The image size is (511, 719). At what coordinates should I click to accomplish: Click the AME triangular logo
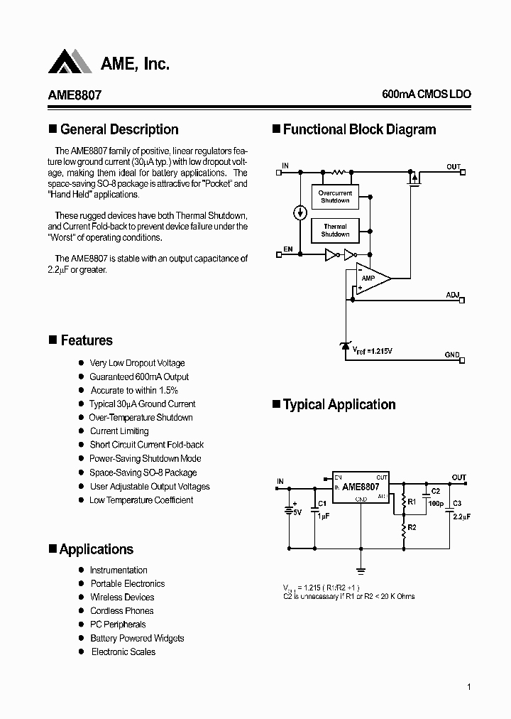pos(70,63)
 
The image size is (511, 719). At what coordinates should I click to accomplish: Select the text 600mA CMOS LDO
pos(426,94)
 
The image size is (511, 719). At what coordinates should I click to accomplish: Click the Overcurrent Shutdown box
pos(335,197)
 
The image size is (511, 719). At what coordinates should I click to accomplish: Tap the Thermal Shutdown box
pos(335,230)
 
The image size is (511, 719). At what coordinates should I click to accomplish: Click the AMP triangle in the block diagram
pos(370,278)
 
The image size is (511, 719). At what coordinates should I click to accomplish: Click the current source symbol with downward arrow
pos(300,212)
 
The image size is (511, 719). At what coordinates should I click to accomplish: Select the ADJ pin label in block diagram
pos(453,294)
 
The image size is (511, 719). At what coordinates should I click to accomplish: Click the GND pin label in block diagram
pos(452,355)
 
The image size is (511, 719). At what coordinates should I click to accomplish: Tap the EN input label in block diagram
pos(288,248)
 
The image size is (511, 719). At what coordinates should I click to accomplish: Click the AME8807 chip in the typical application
pos(361,488)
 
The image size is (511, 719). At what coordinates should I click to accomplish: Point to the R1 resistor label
pos(411,502)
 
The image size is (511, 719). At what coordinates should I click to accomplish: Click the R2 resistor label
pos(411,528)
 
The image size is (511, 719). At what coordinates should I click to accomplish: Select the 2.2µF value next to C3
pos(461,517)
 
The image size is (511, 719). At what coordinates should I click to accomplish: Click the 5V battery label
pos(297,512)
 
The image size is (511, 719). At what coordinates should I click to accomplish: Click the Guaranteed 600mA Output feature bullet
pos(139,377)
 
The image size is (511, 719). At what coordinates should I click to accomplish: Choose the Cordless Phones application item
pos(121,610)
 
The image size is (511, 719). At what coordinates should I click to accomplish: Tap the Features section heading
pos(86,340)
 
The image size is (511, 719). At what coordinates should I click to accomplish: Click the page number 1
pos(469,686)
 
